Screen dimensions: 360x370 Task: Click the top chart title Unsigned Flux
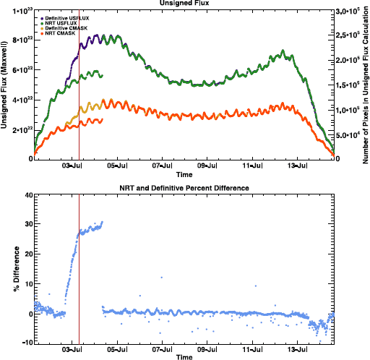coord(184,4)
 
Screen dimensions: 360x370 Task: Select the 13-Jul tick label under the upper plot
coord(298,166)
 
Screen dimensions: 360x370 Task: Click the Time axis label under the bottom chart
coord(184,357)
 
